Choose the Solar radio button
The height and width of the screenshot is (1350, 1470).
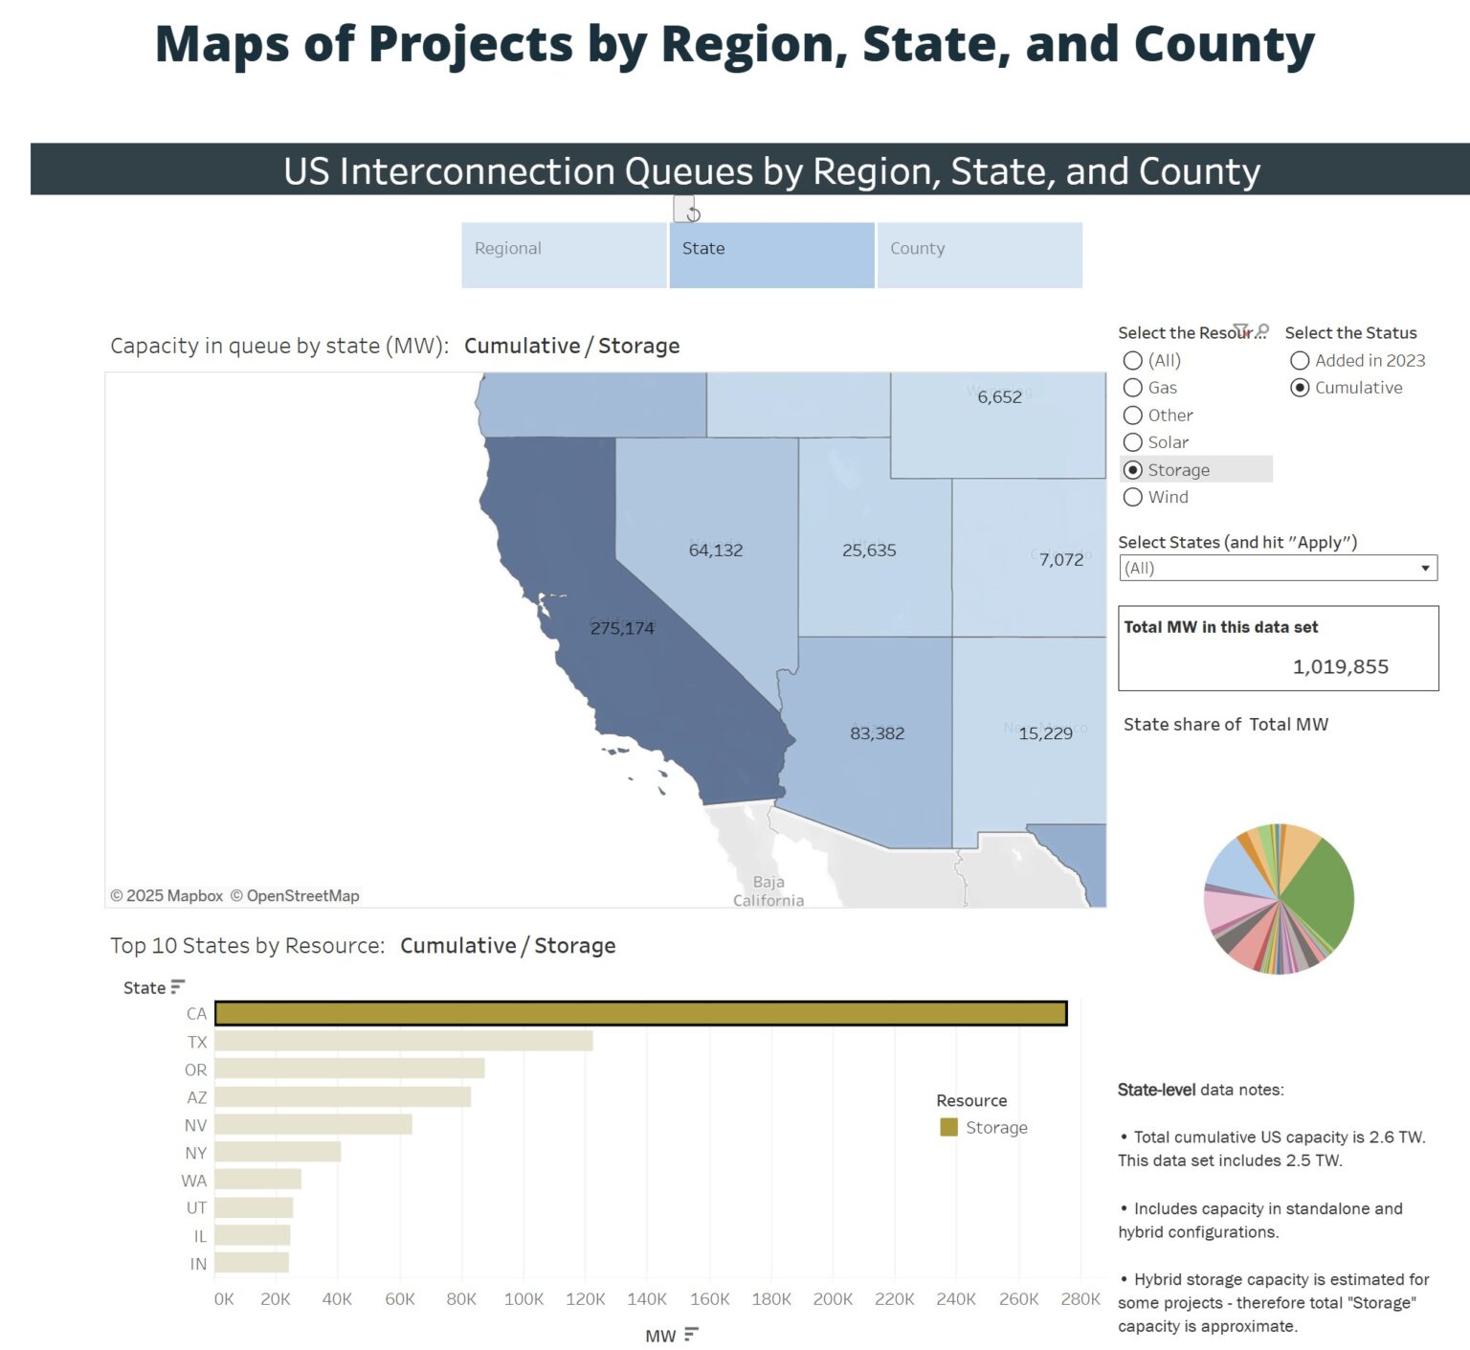point(1133,442)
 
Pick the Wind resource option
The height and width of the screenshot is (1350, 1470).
point(1133,497)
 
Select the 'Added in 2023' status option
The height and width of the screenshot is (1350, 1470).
point(1300,361)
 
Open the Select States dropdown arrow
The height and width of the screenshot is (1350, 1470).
point(1425,568)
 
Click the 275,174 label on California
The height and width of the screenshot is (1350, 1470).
point(622,628)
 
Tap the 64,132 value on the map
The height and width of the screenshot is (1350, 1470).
point(716,551)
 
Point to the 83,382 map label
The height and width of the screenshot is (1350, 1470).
point(877,733)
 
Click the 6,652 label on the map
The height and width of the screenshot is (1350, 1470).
point(999,397)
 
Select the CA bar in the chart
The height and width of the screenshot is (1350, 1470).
point(640,1013)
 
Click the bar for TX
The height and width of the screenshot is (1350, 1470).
point(403,1041)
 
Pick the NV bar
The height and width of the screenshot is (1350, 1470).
point(313,1124)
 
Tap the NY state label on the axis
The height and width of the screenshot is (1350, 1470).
point(195,1153)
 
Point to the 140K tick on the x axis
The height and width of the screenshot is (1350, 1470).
point(647,1299)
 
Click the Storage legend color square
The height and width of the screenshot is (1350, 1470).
point(948,1127)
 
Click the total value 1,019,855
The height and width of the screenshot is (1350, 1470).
point(1340,666)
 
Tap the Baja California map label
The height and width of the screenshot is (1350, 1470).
point(768,891)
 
